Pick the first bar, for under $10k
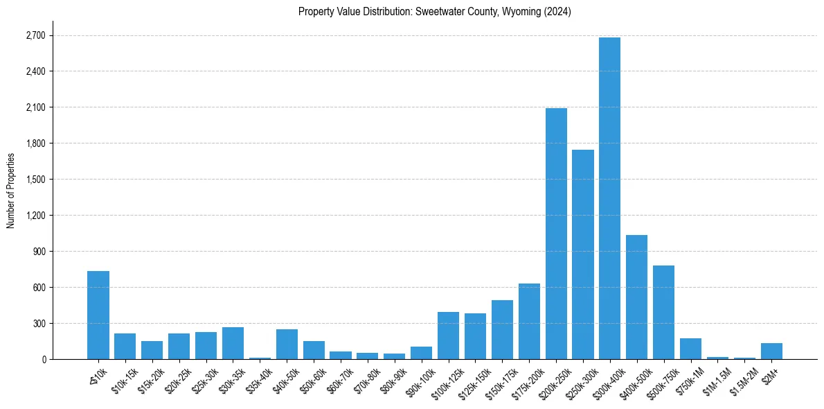[x=98, y=315]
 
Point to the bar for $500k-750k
[x=663, y=312]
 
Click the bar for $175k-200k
[x=529, y=322]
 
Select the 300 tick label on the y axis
[x=39, y=324]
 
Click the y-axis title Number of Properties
[x=10, y=190]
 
